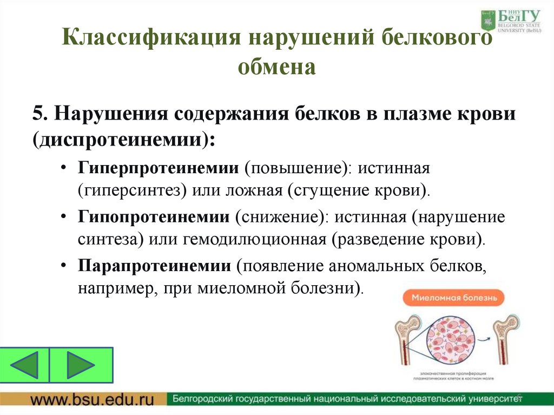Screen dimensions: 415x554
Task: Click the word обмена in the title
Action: tap(276, 68)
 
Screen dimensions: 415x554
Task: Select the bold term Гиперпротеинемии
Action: tap(157, 168)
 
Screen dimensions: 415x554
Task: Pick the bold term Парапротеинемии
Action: tap(154, 265)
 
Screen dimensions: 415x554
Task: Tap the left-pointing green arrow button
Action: tap(25, 365)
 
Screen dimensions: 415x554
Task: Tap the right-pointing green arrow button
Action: tap(81, 365)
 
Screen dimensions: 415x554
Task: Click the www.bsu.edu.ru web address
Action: tap(91, 400)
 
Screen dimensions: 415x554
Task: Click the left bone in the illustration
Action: tap(403, 341)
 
